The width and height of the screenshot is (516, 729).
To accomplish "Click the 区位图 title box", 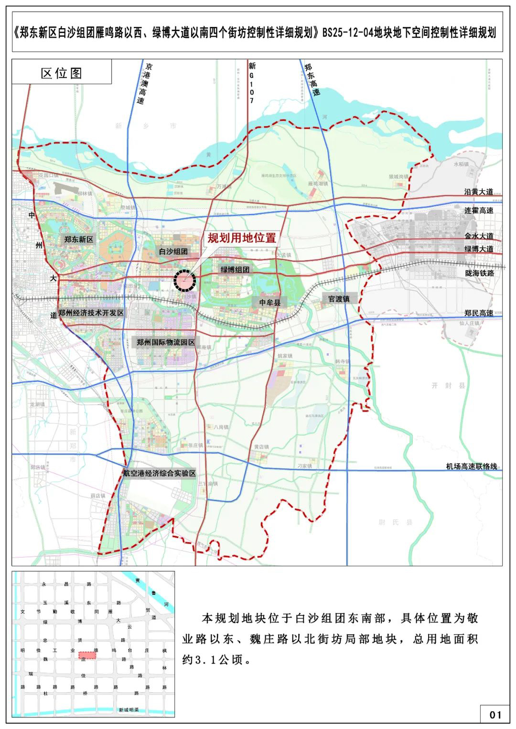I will (x=62, y=73).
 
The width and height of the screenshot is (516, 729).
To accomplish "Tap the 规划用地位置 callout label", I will (x=242, y=238).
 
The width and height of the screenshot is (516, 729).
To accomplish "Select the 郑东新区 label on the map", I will (x=79, y=240).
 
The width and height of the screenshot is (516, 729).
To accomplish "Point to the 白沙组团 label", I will (x=173, y=251).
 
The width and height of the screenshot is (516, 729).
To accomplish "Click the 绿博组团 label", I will (x=235, y=270).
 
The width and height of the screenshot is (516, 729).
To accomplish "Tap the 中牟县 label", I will (x=270, y=302).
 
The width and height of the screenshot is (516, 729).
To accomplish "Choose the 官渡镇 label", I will (x=339, y=298).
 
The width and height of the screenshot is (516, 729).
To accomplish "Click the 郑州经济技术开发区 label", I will (x=91, y=313).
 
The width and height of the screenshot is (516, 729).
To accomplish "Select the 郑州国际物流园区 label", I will (x=166, y=342).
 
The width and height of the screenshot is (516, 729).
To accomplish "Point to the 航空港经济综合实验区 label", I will (x=160, y=473).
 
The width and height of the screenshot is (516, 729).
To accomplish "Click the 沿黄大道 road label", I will (x=479, y=191).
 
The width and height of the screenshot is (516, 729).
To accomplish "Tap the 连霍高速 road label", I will (x=479, y=210).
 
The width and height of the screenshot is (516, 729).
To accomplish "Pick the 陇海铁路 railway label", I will (x=479, y=273).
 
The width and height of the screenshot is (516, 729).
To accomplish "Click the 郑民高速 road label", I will (x=479, y=313).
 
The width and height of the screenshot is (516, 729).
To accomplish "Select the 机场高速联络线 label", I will (x=472, y=466).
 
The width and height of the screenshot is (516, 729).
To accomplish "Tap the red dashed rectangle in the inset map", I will (x=87, y=655).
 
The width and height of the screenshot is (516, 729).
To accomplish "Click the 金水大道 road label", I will (x=479, y=236).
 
